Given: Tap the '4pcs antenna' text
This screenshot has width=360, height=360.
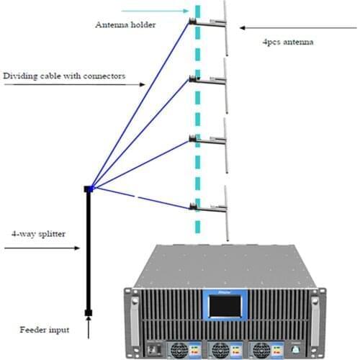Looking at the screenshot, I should coord(286,42).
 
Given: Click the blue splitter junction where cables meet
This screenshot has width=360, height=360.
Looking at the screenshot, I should coord(89,189).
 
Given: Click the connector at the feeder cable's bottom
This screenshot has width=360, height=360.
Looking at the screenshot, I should coord(89,312).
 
